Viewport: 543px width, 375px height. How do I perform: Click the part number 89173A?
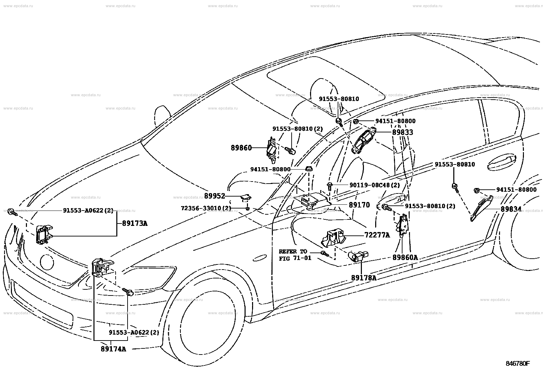click(134, 223)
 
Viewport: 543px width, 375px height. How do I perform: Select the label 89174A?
click(114, 349)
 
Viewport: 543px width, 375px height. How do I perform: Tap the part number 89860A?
click(405, 257)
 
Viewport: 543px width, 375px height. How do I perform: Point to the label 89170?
click(359, 205)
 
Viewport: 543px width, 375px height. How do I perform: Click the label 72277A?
click(377, 235)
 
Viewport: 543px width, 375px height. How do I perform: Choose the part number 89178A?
click(364, 278)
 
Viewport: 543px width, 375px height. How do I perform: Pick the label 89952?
click(215, 196)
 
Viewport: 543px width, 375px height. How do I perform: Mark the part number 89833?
click(402, 132)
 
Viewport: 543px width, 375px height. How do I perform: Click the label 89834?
click(511, 209)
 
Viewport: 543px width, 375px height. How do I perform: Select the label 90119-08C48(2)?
click(375, 185)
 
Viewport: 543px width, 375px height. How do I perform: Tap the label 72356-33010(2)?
click(206, 208)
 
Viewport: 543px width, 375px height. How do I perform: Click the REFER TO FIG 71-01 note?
click(295, 255)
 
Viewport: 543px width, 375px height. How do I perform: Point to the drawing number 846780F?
click(517, 363)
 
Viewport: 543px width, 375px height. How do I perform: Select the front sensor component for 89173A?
click(44, 234)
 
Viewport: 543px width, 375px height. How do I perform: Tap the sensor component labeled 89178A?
click(358, 256)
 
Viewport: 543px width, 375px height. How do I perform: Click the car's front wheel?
click(208, 322)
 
